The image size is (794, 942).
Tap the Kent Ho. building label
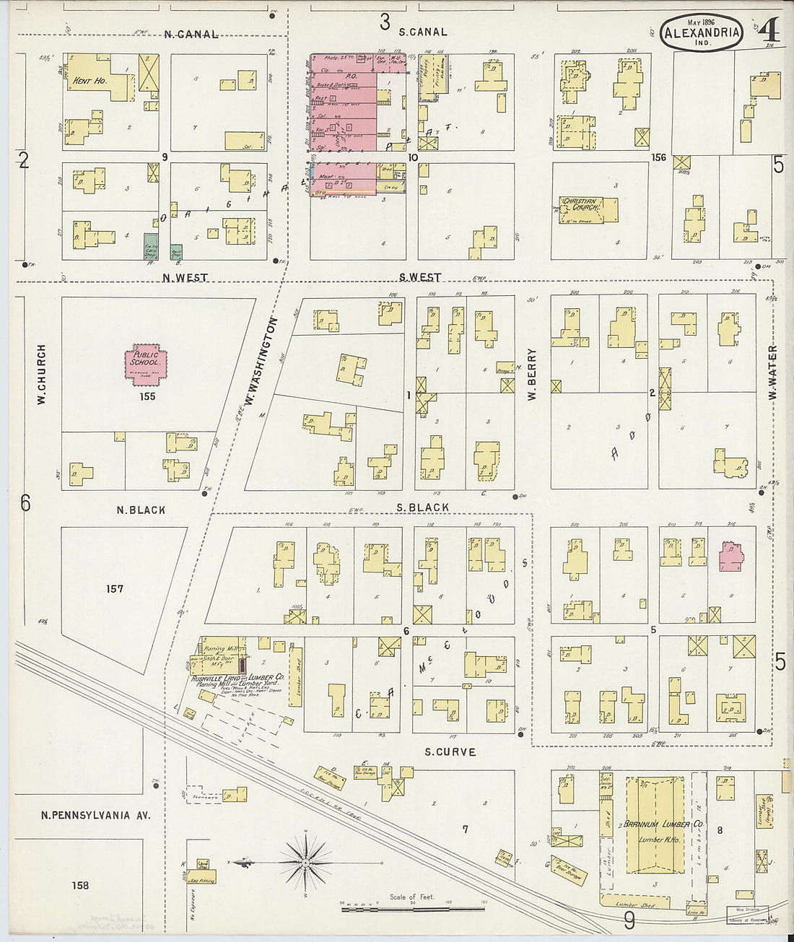[x=90, y=81]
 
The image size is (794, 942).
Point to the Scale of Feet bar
[x=413, y=908]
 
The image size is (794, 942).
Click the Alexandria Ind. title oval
[x=701, y=33]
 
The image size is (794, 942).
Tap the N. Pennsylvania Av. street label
[x=95, y=815]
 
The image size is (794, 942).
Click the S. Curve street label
[x=450, y=751]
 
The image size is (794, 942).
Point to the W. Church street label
[x=41, y=373]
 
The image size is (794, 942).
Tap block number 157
[x=115, y=589]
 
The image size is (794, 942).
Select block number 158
[x=80, y=884]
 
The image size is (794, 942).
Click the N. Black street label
[x=141, y=510]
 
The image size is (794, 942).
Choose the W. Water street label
[x=772, y=374]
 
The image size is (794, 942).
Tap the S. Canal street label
[x=423, y=32]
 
